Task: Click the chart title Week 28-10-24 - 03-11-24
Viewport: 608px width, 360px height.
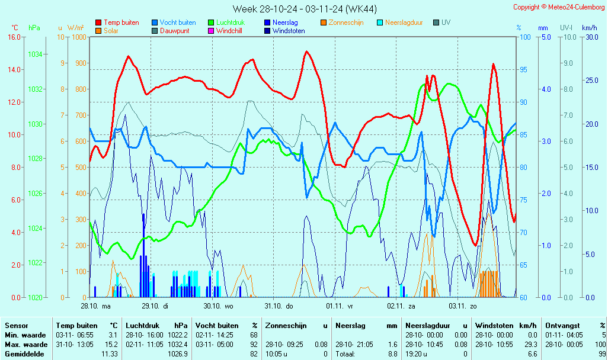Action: pyautogui.click(x=304, y=9)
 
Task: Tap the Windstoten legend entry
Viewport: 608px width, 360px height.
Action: pyautogui.click(x=289, y=31)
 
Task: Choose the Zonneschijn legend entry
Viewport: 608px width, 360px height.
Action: pyautogui.click(x=346, y=22)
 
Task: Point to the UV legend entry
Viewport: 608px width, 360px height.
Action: pyautogui.click(x=446, y=22)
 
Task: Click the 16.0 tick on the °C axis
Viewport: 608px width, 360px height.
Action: pyautogui.click(x=14, y=37)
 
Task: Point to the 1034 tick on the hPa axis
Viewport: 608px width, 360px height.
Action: pyautogui.click(x=34, y=54)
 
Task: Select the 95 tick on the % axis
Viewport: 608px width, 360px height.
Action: pyautogui.click(x=524, y=69)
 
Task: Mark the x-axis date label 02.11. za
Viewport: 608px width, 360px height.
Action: pyautogui.click(x=401, y=306)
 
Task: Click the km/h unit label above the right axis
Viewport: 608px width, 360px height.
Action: pyautogui.click(x=589, y=28)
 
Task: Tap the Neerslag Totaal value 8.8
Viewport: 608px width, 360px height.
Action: pyautogui.click(x=393, y=354)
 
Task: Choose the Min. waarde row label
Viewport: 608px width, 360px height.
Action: pyautogui.click(x=25, y=335)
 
